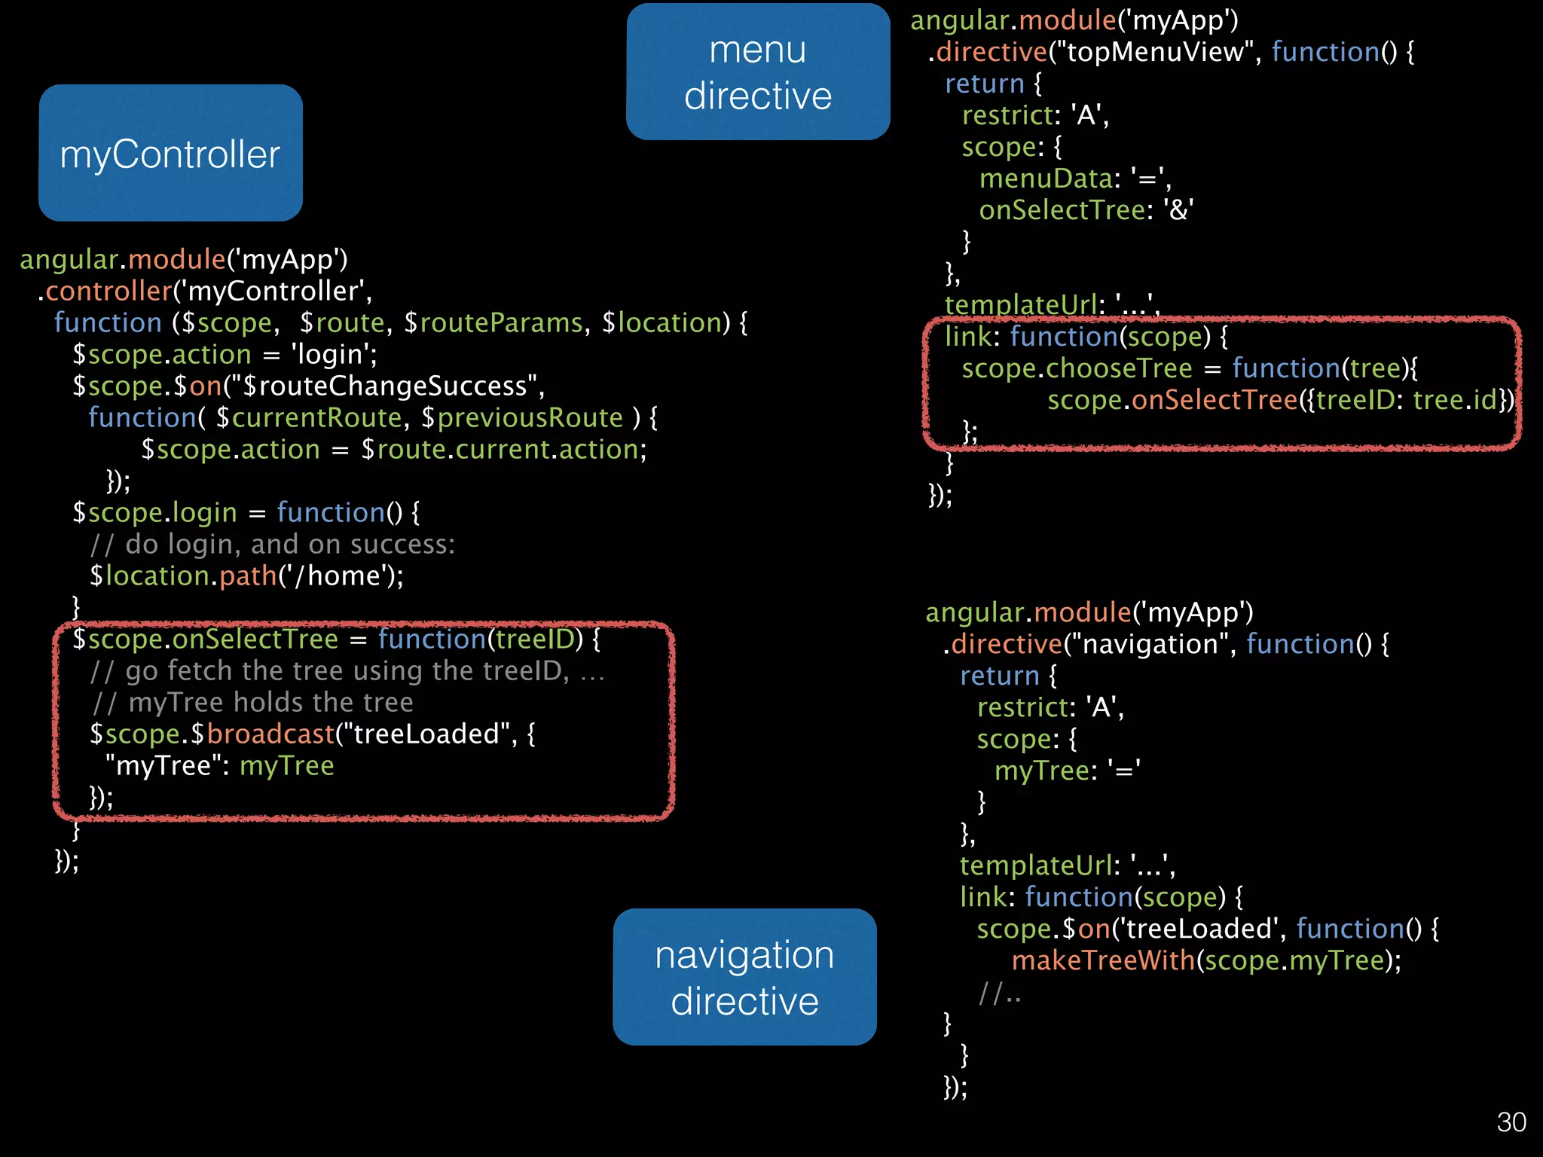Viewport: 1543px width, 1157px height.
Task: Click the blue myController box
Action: [170, 153]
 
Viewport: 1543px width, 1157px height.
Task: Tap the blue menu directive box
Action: [758, 72]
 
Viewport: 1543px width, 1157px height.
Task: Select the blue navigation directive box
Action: [744, 977]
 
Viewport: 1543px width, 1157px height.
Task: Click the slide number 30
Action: [1511, 1122]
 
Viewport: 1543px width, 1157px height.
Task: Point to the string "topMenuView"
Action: [1152, 52]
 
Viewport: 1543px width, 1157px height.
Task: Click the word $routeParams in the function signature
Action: [493, 323]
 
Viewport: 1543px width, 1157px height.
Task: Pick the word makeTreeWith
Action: [1103, 960]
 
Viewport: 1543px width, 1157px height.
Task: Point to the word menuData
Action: [1046, 179]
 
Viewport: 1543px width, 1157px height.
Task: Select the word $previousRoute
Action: [522, 418]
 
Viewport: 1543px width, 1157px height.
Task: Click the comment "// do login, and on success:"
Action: [273, 545]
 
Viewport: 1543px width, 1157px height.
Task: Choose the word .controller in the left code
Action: [105, 292]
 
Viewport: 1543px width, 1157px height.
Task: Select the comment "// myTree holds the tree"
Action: [252, 703]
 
